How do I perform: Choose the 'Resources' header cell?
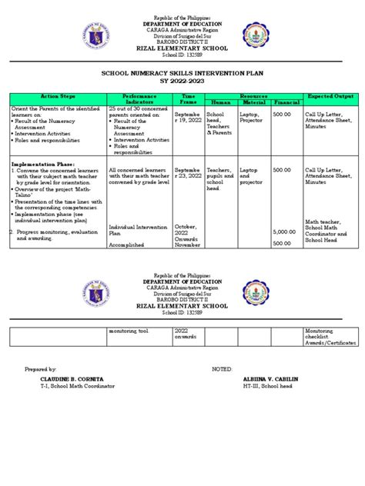coord(252,95)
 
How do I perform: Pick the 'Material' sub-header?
coord(253,102)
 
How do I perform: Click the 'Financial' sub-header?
coord(286,102)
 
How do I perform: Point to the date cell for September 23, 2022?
coord(189,173)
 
